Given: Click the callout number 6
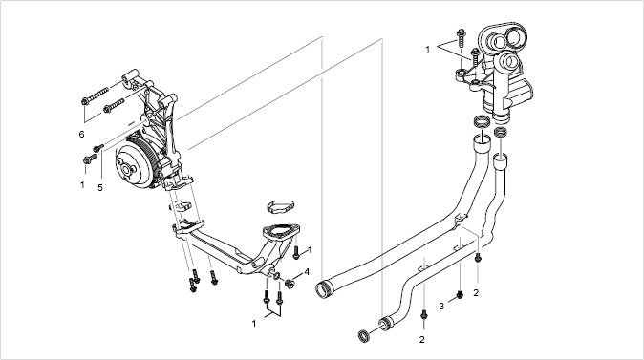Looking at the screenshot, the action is point(81,135).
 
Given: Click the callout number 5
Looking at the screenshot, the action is point(100,187).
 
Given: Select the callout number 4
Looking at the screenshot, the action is point(307,272).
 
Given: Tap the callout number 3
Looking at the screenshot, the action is point(441,307).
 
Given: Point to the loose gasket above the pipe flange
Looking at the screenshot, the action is point(281,206).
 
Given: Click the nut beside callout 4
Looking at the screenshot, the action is point(290,284).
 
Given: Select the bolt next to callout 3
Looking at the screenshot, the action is point(460,294).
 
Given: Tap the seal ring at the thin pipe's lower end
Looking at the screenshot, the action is point(363,335).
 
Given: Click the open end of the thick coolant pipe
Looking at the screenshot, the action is point(322,288).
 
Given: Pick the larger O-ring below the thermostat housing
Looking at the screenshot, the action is point(483,122).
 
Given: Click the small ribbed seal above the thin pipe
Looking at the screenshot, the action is point(499,132).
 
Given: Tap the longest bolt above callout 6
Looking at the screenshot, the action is point(95,95).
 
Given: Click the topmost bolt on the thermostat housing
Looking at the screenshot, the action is point(461,37).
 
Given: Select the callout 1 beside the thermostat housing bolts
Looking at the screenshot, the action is point(427,50).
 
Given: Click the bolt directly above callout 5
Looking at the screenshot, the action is point(98,148).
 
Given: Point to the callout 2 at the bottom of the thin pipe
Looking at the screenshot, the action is point(421,340).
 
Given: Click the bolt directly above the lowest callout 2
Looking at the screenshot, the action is point(424,314).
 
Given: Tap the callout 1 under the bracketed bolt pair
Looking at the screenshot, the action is point(254,324).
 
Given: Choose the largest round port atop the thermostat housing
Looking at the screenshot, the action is point(514,36).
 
